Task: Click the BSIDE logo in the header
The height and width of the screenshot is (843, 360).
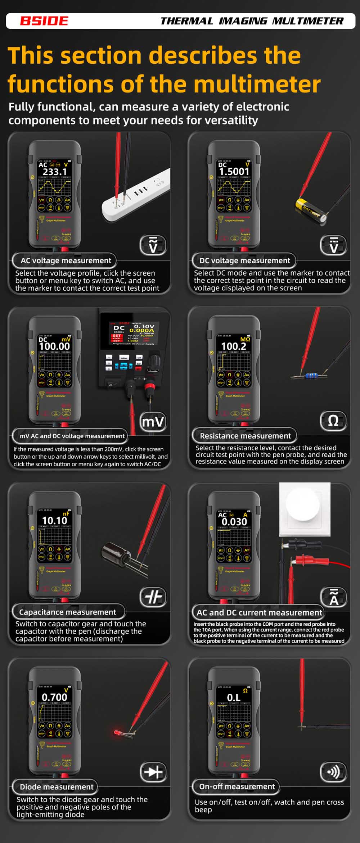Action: tap(44, 21)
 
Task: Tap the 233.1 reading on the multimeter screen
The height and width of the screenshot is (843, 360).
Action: tap(55, 172)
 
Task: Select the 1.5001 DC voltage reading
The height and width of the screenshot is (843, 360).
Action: tap(234, 172)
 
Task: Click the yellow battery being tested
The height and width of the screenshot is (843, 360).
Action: tap(311, 210)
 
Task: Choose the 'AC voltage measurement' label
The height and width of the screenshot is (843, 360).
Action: tap(66, 260)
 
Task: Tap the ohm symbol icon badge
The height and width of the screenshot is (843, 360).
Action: tap(333, 421)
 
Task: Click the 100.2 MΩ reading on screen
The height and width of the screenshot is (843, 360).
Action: tap(234, 346)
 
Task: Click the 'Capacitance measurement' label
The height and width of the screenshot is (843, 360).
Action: tap(67, 612)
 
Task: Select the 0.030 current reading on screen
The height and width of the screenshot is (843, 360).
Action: tap(234, 521)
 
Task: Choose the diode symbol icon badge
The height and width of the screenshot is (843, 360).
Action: tap(153, 772)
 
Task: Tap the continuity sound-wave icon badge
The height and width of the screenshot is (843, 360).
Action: tap(333, 772)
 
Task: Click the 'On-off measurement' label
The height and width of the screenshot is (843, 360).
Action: tap(237, 787)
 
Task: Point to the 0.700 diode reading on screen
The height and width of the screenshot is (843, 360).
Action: tap(54, 697)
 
